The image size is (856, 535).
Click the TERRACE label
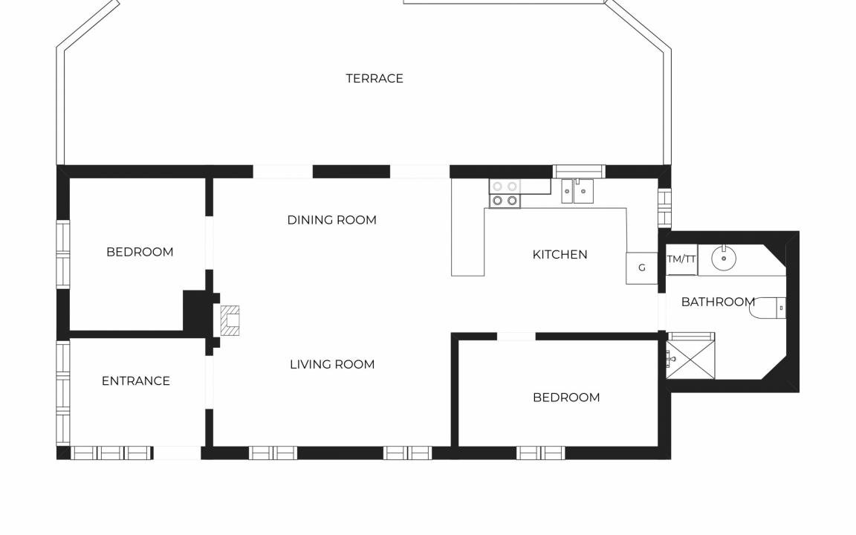coord(374,79)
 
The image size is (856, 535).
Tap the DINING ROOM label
coord(332,220)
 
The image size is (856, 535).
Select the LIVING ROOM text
coord(332,365)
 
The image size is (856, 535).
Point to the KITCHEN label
coord(560,254)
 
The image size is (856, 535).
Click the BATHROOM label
coord(718,302)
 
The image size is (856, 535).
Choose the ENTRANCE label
coord(136,381)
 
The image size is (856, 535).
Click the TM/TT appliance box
coord(681,259)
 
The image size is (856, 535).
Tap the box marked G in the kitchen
coord(641,268)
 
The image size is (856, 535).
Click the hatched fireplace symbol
coord(230,320)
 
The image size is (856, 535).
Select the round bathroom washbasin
coord(724,259)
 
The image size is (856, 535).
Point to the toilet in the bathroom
coord(768,308)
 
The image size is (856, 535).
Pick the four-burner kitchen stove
coord(505,193)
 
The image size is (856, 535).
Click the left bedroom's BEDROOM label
coord(140,252)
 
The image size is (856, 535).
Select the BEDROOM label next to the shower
coord(566,398)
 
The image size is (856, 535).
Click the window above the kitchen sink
coord(580,172)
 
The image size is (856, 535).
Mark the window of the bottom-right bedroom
coord(540,453)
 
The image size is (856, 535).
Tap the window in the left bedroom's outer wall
coord(63,254)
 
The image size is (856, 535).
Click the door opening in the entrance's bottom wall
coord(178,453)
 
